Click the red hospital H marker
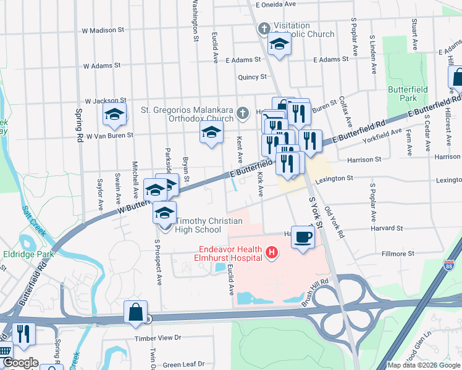pos(271,252)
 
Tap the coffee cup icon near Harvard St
pos(303,237)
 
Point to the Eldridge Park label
pos(27,253)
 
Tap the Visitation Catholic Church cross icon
pos(264,29)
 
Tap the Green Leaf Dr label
pos(183,365)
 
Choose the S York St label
pos(316,213)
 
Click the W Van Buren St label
pos(109,136)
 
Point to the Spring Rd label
pos(78,117)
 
